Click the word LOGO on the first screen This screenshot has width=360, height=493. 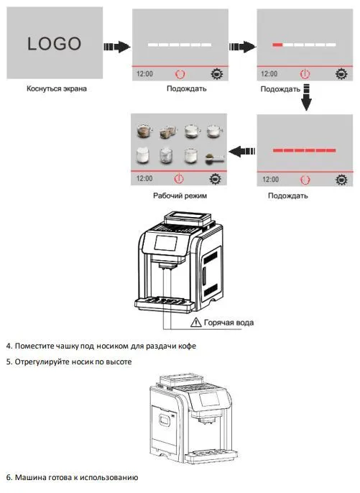(x=54, y=44)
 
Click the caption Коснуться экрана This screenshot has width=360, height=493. (x=56, y=88)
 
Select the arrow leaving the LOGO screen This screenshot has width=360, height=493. (x=117, y=47)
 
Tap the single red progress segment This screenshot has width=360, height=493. (x=277, y=45)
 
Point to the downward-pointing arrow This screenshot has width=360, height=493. (x=306, y=97)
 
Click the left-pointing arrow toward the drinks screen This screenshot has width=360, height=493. (x=241, y=151)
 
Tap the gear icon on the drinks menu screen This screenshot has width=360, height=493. (x=215, y=178)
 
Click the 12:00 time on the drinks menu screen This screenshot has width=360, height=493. (x=144, y=178)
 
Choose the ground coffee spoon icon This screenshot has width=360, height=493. (x=215, y=158)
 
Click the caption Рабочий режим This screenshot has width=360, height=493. (x=180, y=195)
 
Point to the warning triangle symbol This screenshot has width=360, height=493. (x=196, y=322)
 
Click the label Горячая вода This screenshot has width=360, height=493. (x=229, y=323)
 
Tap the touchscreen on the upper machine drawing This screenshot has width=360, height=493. (x=166, y=243)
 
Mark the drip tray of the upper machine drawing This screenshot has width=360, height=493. (x=164, y=304)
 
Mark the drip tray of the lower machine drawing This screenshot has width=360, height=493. (x=211, y=456)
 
